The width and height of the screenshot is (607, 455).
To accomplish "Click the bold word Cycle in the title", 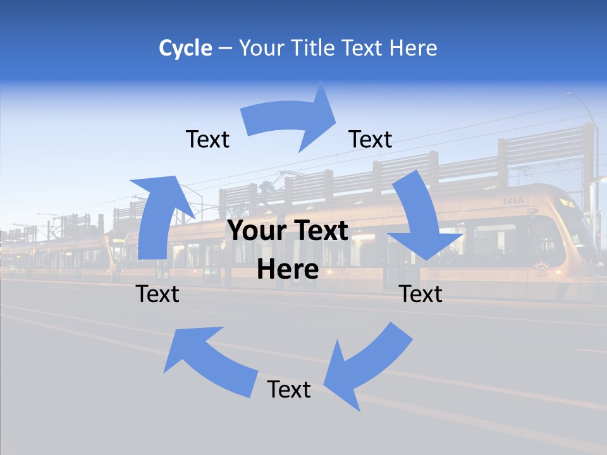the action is (x=185, y=48).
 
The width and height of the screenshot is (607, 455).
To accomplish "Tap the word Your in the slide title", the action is (x=261, y=48).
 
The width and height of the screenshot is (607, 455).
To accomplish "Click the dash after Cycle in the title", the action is (x=224, y=49).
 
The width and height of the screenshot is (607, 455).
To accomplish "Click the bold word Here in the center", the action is (x=288, y=270).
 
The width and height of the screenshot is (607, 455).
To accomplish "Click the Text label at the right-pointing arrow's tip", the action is (x=371, y=139).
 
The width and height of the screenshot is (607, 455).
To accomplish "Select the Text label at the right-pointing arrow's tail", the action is (x=207, y=139).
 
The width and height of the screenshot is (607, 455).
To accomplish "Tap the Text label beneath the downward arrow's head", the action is (x=421, y=294).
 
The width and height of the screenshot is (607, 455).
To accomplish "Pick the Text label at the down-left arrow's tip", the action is (x=289, y=389).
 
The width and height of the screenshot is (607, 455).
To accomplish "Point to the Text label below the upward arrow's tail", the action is (x=157, y=294).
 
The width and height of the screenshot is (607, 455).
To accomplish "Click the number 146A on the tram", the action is (x=513, y=201).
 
